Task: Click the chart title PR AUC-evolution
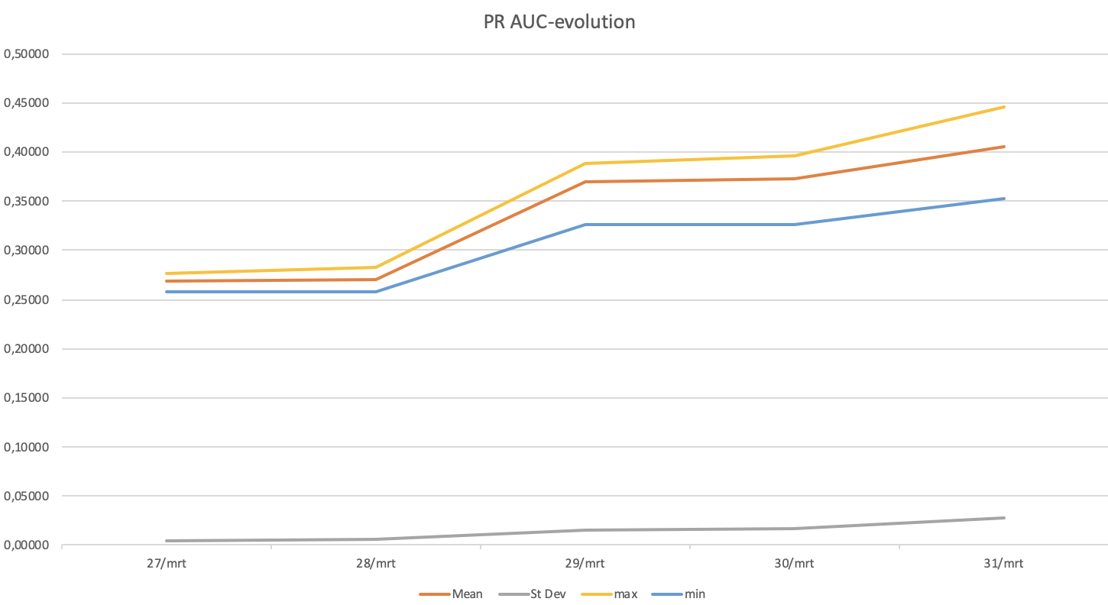[559, 22]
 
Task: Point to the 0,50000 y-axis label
[27, 54]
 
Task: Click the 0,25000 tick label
[27, 300]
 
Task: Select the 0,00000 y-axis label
[27, 545]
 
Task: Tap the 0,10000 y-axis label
[27, 447]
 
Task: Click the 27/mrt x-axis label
[166, 564]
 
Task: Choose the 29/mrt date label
[585, 564]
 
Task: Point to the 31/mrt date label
[1004, 564]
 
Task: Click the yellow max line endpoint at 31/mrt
[1003, 107]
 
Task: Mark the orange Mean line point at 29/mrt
[585, 182]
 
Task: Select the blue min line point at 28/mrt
[376, 292]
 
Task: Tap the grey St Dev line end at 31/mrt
[1003, 518]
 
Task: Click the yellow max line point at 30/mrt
[795, 156]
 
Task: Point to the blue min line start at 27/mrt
[167, 292]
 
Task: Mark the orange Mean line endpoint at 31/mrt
[1003, 147]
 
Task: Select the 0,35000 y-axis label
[27, 202]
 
